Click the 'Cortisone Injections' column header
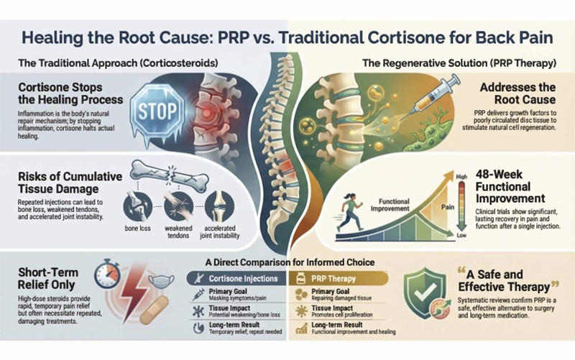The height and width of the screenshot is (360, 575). tap(236, 277)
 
